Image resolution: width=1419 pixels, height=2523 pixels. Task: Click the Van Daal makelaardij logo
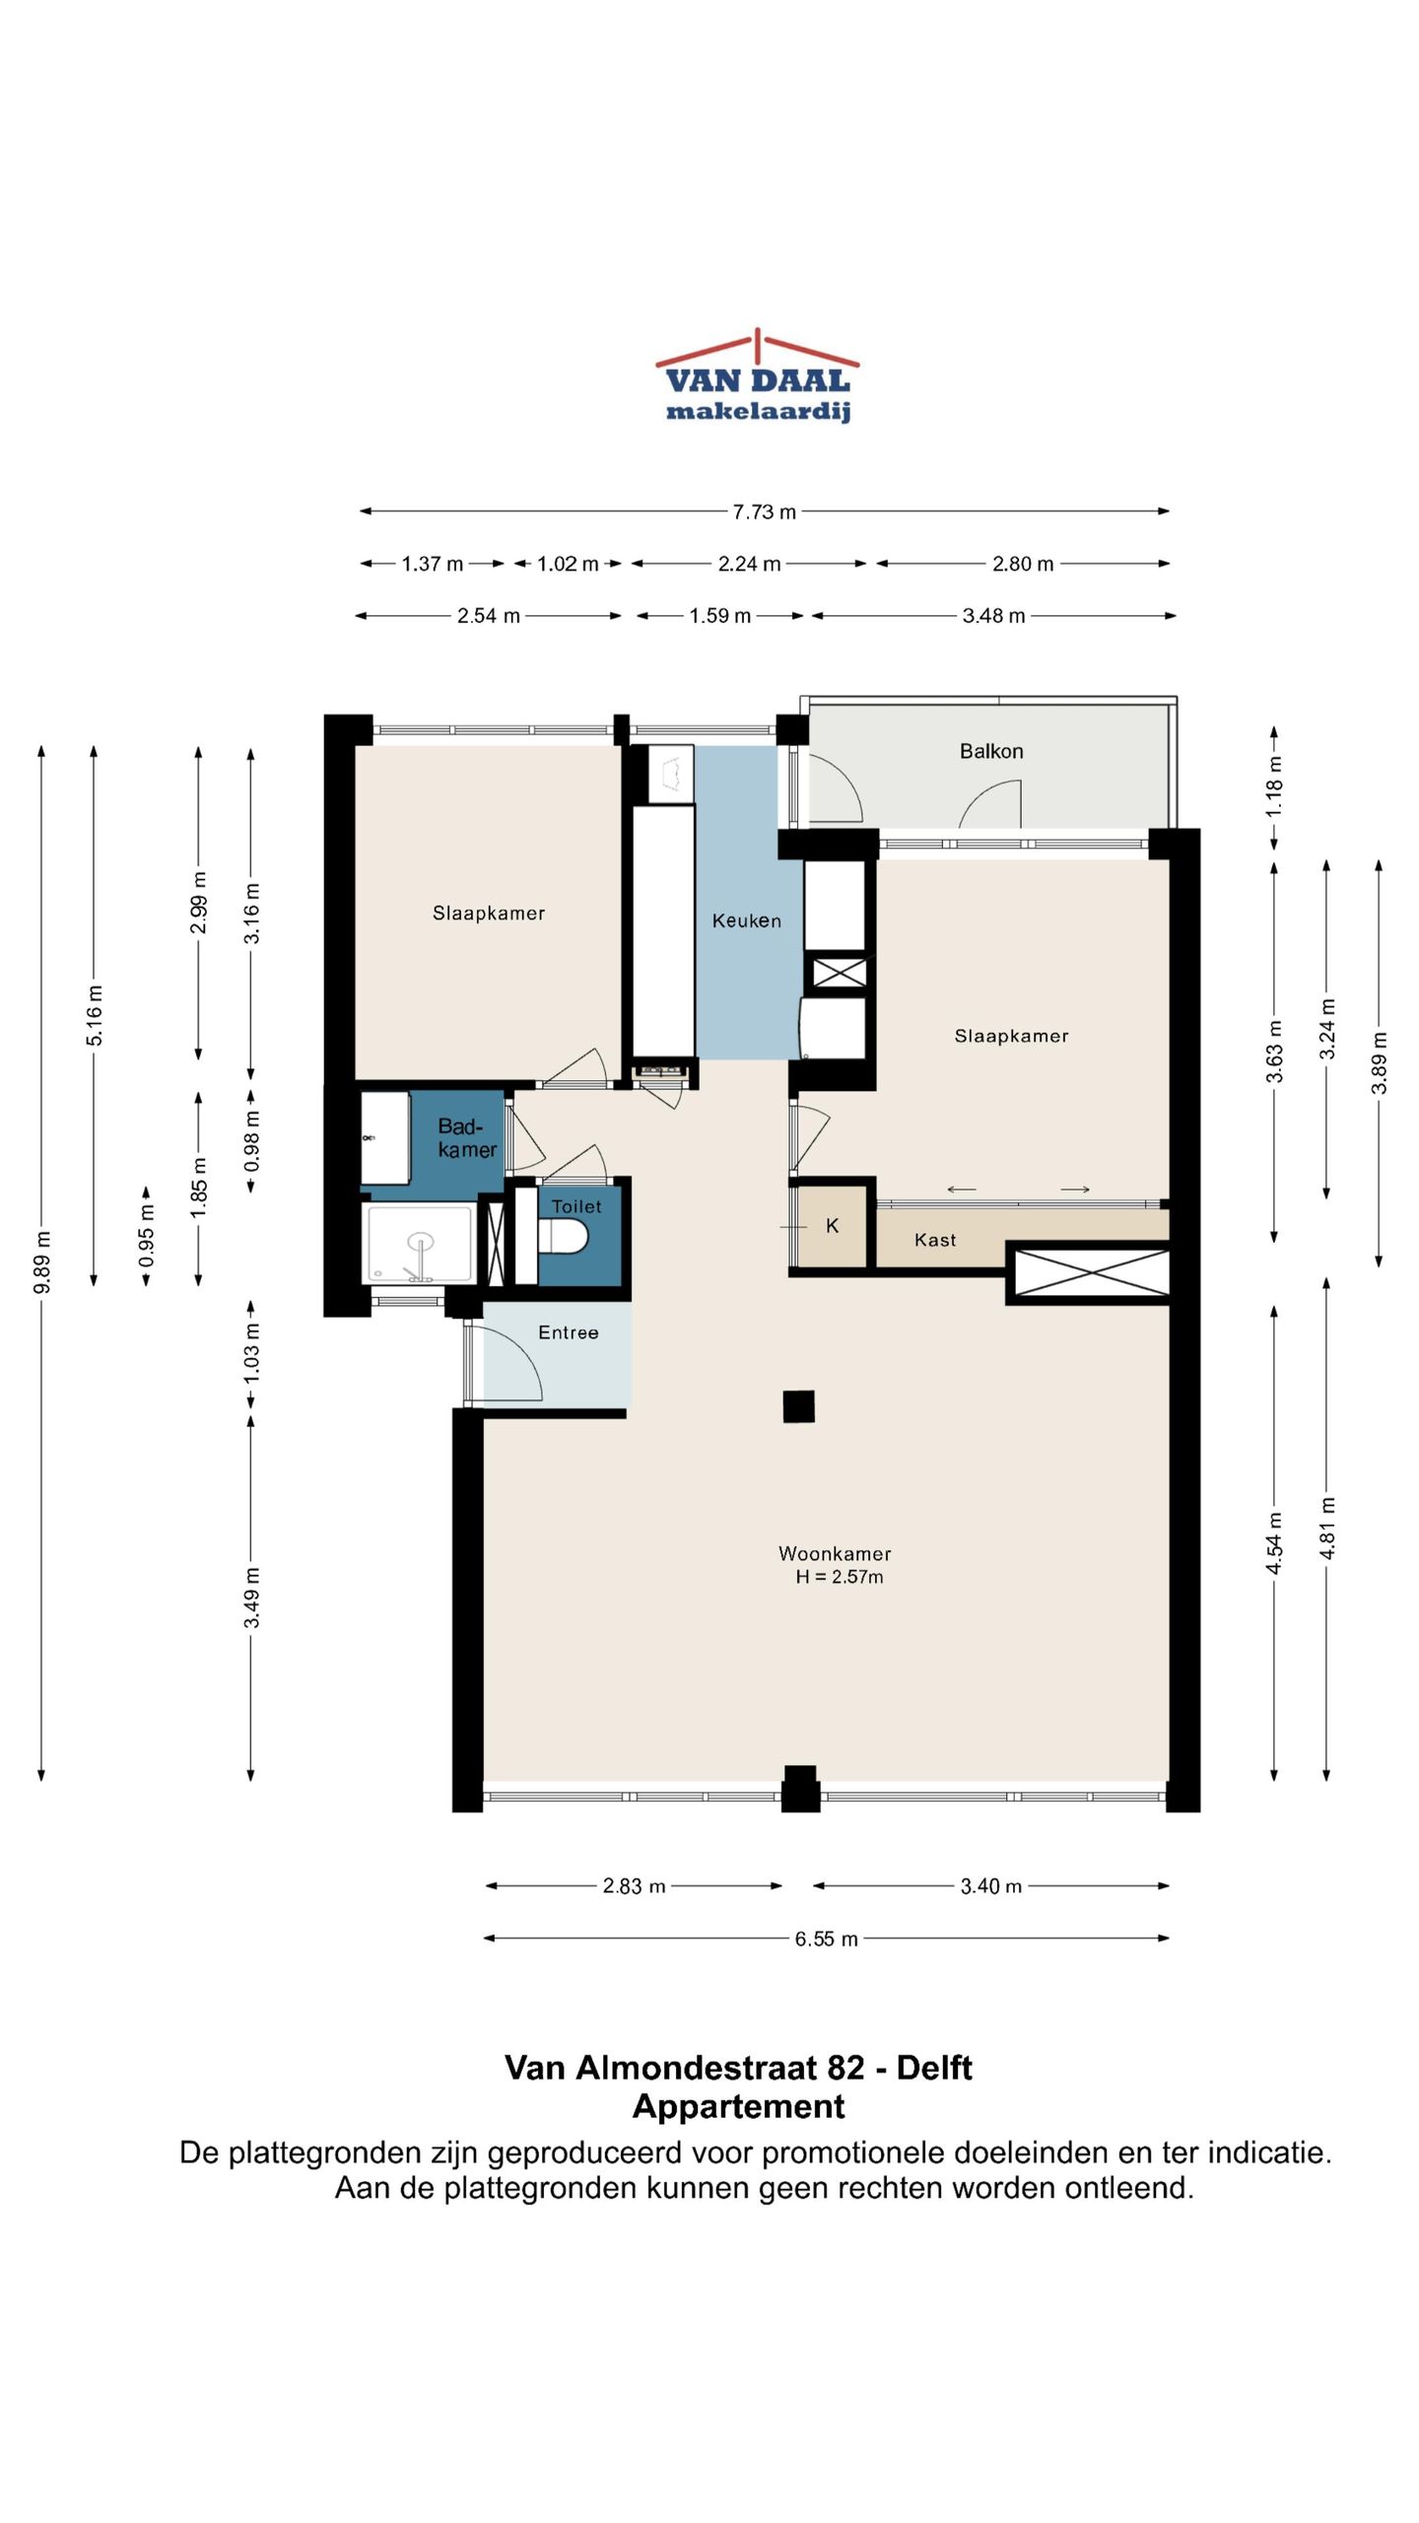click(757, 375)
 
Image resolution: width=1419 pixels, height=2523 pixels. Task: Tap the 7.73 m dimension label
click(764, 511)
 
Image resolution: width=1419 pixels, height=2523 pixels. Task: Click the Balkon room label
click(991, 751)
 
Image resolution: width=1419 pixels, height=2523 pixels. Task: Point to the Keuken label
click(747, 921)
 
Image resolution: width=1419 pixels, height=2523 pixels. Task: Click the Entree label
click(569, 1332)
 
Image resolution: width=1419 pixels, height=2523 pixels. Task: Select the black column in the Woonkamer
click(799, 1406)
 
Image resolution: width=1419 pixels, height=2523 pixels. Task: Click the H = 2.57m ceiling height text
click(840, 1577)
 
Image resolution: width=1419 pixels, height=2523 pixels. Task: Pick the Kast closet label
click(935, 1240)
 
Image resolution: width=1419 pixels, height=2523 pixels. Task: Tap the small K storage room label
click(833, 1226)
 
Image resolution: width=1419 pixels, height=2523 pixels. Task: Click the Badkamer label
click(466, 1138)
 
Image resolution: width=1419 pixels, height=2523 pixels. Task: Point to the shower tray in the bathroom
click(419, 1244)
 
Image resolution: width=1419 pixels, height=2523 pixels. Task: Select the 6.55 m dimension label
click(827, 1939)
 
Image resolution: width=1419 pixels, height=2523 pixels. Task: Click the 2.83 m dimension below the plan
click(634, 1886)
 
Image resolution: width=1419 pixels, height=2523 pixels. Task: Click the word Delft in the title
click(934, 2067)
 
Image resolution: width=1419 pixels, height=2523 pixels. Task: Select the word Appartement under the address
click(739, 2106)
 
